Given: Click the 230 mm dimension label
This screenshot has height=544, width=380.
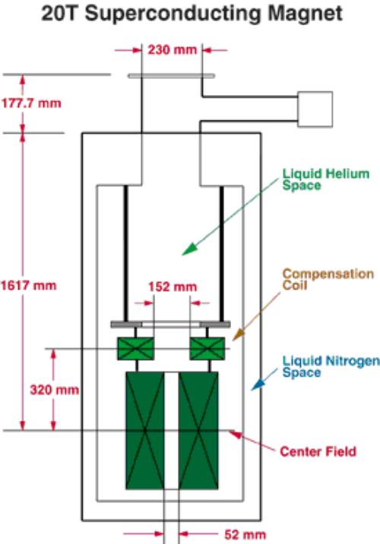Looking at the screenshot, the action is [x=172, y=50].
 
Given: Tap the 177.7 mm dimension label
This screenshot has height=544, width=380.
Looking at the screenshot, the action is [x=31, y=103].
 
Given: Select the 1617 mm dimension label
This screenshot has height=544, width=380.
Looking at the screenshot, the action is [x=28, y=286].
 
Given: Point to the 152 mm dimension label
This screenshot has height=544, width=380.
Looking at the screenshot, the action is [x=173, y=287].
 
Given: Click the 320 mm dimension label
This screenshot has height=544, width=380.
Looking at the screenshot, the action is [x=55, y=390].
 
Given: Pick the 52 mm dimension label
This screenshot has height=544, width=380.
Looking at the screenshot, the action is [x=245, y=534].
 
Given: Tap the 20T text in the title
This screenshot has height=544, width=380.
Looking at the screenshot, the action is [x=60, y=14].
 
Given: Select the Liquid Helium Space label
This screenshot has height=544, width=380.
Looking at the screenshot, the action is [x=326, y=179].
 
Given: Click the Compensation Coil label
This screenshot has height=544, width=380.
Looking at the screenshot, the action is [x=328, y=280].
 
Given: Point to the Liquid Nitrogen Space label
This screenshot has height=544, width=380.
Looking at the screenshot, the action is [x=331, y=366].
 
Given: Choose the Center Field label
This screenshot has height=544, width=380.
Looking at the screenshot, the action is [x=318, y=451].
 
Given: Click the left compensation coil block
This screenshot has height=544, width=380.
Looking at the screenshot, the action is [x=136, y=348].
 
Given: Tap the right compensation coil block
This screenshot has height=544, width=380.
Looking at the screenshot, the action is [x=207, y=348].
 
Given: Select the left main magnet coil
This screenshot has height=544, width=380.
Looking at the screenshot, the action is [x=145, y=431].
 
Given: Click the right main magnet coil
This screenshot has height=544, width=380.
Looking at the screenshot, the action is [x=198, y=431].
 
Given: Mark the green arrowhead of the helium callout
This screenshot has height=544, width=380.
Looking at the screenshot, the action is [x=189, y=249].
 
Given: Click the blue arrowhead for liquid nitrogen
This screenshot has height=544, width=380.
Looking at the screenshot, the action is [x=258, y=384].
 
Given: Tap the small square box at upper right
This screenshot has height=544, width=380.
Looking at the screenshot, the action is [x=315, y=109].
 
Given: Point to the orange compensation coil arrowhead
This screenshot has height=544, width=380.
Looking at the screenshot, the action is [x=239, y=334].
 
